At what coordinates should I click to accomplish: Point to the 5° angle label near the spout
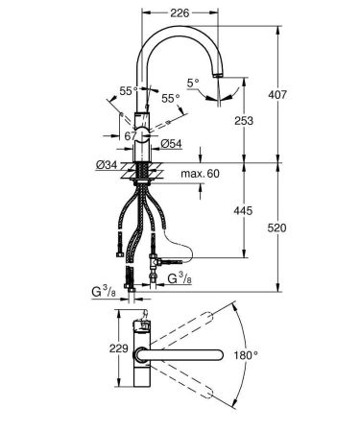193,84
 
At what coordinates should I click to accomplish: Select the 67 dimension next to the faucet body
130,136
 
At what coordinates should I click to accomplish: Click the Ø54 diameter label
171,144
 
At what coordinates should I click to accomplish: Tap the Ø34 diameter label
108,165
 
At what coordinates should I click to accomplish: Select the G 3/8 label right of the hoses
179,279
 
